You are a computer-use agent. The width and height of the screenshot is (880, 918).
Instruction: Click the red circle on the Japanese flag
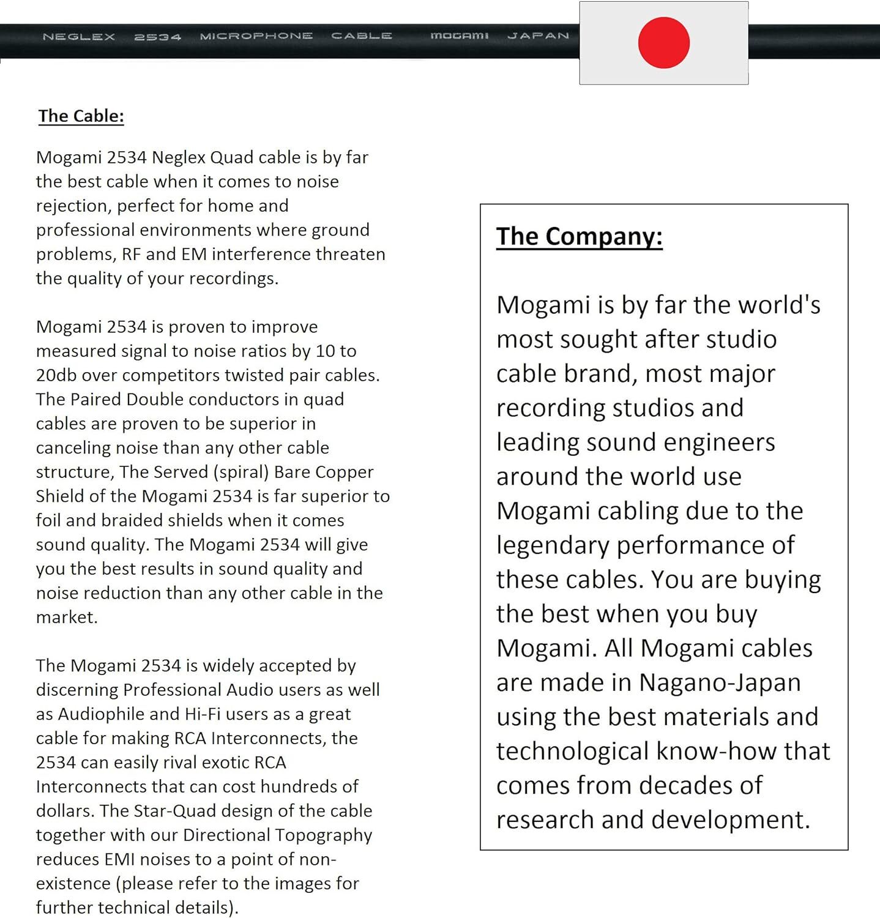point(663,43)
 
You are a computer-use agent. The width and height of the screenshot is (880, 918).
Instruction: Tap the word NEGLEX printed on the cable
point(79,37)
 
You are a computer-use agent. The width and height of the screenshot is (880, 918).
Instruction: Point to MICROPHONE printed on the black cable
point(256,36)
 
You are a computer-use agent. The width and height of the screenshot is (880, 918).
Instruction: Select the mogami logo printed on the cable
point(459,36)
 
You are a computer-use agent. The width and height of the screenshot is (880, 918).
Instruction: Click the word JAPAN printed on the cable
point(538,36)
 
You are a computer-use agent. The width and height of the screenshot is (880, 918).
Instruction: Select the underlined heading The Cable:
point(81,116)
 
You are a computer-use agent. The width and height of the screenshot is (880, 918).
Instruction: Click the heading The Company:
point(579,236)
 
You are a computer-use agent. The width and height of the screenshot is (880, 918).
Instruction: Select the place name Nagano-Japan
point(720,682)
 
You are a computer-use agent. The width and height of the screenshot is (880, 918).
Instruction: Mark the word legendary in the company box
point(553,545)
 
